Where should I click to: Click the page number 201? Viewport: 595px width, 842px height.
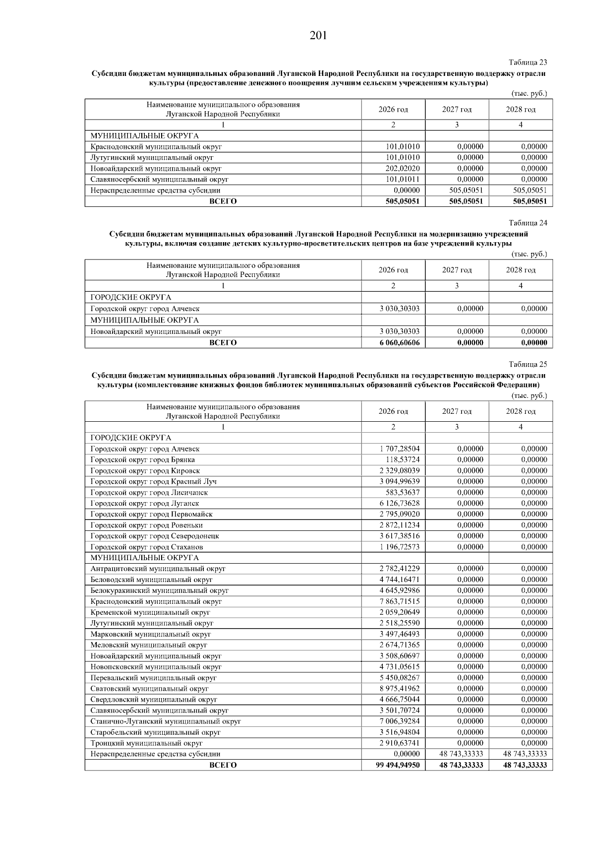(318, 36)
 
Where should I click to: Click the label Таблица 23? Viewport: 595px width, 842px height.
(528, 63)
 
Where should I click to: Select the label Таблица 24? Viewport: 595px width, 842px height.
(528, 223)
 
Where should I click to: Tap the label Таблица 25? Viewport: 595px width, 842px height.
(528, 364)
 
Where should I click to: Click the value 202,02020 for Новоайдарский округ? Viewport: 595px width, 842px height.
(402, 168)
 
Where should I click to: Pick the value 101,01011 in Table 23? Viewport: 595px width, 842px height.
(402, 179)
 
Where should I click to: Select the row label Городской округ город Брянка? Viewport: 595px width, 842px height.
(142, 459)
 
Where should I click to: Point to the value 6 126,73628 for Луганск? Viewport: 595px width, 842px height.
(399, 503)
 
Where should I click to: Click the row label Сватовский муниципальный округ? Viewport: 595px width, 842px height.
(149, 689)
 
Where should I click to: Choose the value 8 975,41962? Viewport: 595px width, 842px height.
(399, 689)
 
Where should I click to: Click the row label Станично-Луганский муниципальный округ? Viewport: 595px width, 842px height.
(166, 721)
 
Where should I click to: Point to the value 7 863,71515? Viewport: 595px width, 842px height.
(399, 601)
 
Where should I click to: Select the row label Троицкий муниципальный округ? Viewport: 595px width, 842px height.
(146, 743)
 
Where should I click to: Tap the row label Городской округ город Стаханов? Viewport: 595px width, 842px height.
(146, 547)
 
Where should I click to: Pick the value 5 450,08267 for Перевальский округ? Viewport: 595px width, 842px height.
(399, 678)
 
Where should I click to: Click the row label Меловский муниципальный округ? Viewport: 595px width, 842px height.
(148, 645)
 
